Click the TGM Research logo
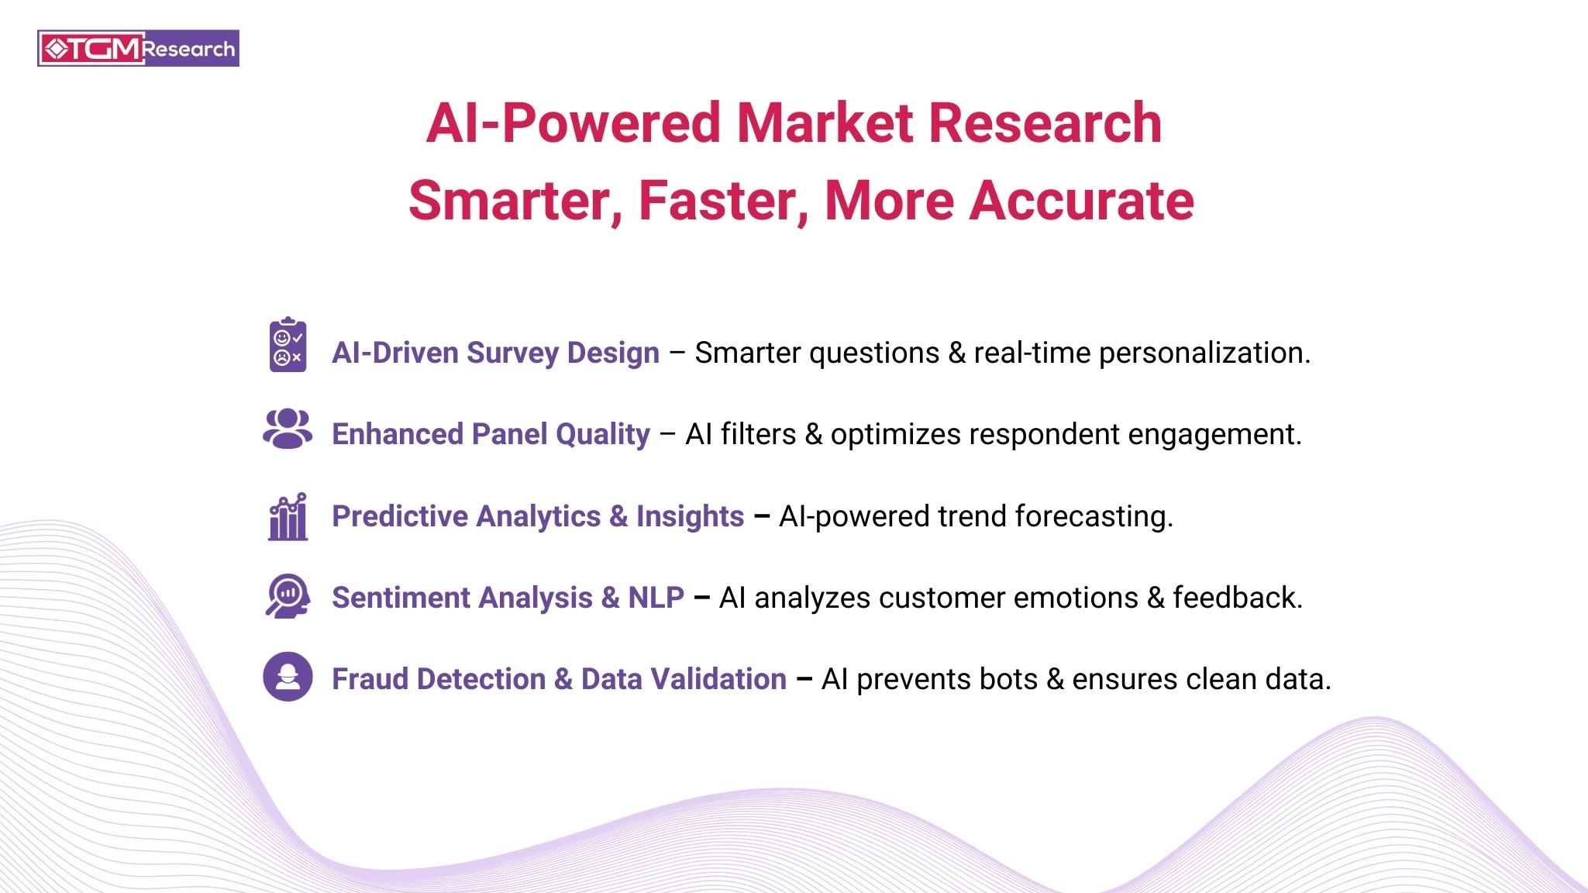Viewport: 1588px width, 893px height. (x=138, y=48)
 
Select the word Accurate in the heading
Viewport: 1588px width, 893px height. (x=1081, y=201)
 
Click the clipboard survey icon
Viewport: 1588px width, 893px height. (x=288, y=345)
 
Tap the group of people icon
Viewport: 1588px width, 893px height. (x=288, y=429)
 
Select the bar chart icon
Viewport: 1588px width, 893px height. (x=288, y=516)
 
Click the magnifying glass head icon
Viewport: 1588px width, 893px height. (x=288, y=596)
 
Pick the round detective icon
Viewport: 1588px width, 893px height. (x=288, y=677)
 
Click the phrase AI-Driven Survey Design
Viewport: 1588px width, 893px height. (x=495, y=353)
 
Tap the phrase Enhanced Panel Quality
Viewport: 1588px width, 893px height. (x=491, y=434)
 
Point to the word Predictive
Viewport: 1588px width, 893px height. (x=399, y=516)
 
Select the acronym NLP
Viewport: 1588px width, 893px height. (x=656, y=598)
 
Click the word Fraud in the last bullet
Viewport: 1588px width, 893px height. (x=369, y=679)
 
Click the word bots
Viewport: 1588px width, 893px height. (x=1008, y=679)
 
